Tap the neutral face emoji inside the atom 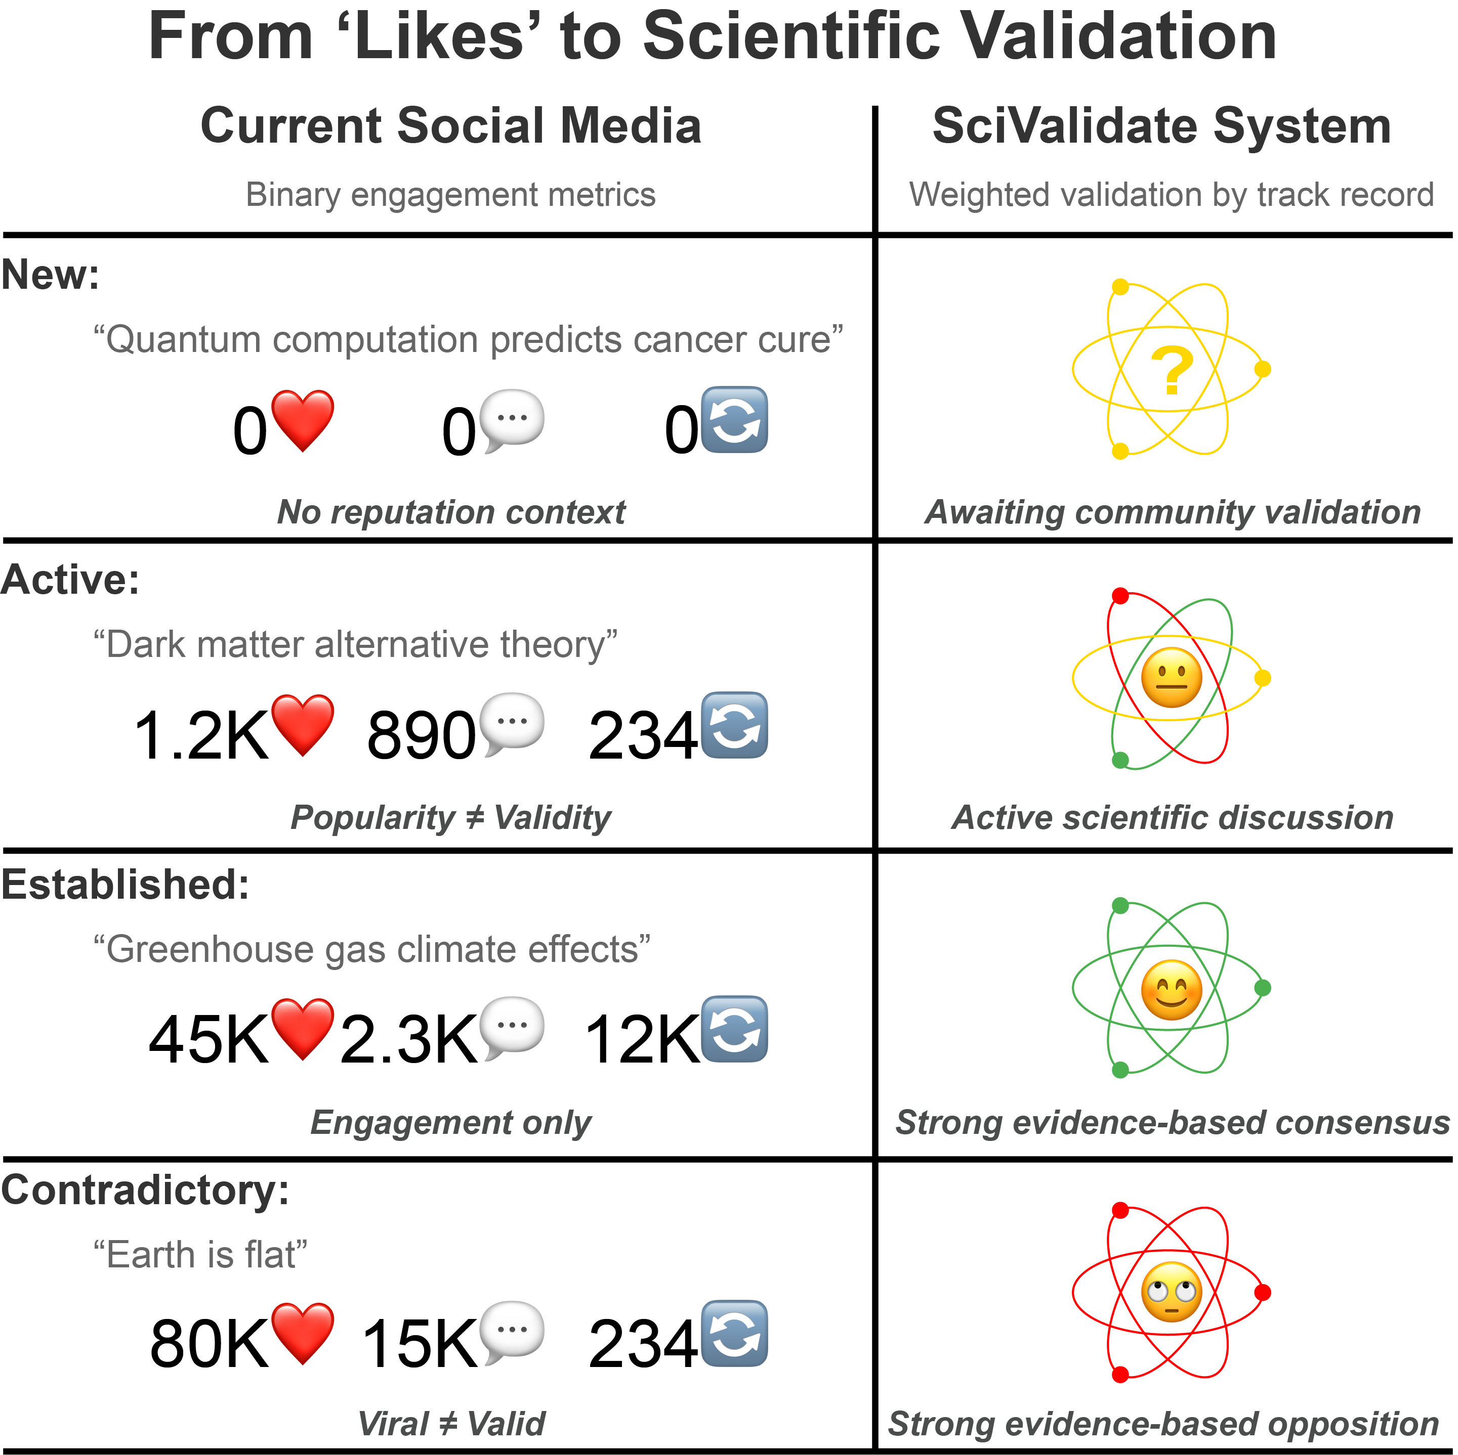pos(1171,677)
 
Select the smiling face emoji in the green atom pos(1171,990)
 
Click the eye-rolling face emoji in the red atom pos(1171,1293)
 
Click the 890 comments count pos(421,735)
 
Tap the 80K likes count pos(209,1344)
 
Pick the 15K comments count pos(420,1344)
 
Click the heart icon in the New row pos(303,420)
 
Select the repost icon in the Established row pos(734,1029)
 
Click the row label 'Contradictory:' pos(145,1191)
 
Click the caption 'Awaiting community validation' pos(1173,512)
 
